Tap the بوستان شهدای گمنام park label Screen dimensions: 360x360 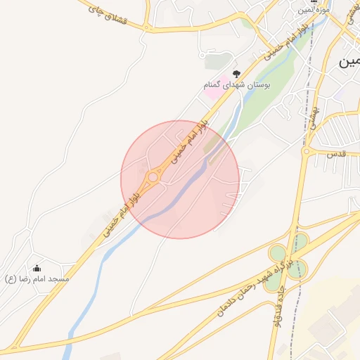(229, 85)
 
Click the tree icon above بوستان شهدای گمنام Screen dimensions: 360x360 (236, 72)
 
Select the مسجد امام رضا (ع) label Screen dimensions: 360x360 (37, 279)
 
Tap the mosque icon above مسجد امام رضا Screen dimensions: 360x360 (37, 268)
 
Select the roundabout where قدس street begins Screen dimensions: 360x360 (307, 151)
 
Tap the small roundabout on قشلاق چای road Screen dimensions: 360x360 (147, 27)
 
